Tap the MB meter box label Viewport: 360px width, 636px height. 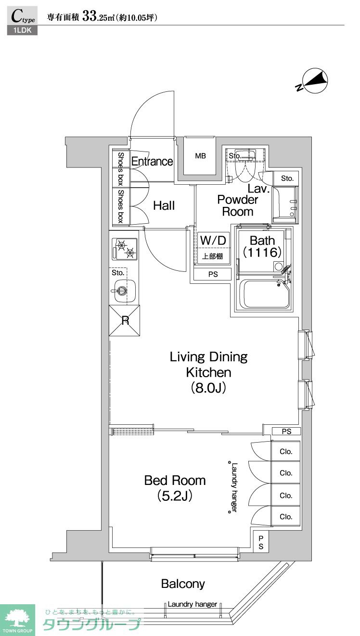pos(200,156)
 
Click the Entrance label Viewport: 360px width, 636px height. pos(152,161)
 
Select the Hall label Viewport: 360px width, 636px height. pos(164,205)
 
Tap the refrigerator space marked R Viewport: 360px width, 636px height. pos(125,320)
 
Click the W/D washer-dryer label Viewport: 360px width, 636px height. pos(213,241)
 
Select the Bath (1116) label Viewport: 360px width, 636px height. pos(262,246)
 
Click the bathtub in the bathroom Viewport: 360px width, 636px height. pos(264,294)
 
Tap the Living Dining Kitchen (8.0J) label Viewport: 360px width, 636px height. pos(208,372)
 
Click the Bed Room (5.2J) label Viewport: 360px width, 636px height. pos(175,488)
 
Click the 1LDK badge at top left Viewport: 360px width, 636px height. pos(23,30)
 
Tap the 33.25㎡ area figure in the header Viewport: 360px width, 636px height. pos(98,17)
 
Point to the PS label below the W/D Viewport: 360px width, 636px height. pos(213,274)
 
